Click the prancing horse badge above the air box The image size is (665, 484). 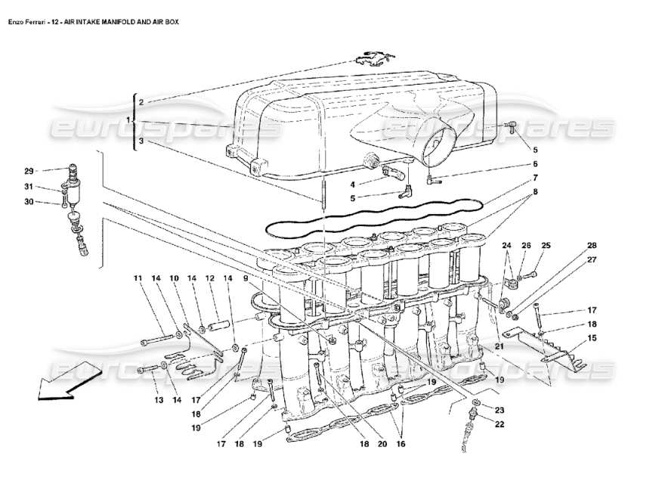click(370, 60)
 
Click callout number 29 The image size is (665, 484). click(28, 170)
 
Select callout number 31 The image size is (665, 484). click(28, 187)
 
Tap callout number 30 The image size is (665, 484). click(28, 202)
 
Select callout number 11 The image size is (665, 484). click(138, 279)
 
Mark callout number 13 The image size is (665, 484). click(159, 400)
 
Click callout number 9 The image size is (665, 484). click(245, 279)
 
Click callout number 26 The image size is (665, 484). click(526, 245)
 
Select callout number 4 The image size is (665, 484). click(353, 183)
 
